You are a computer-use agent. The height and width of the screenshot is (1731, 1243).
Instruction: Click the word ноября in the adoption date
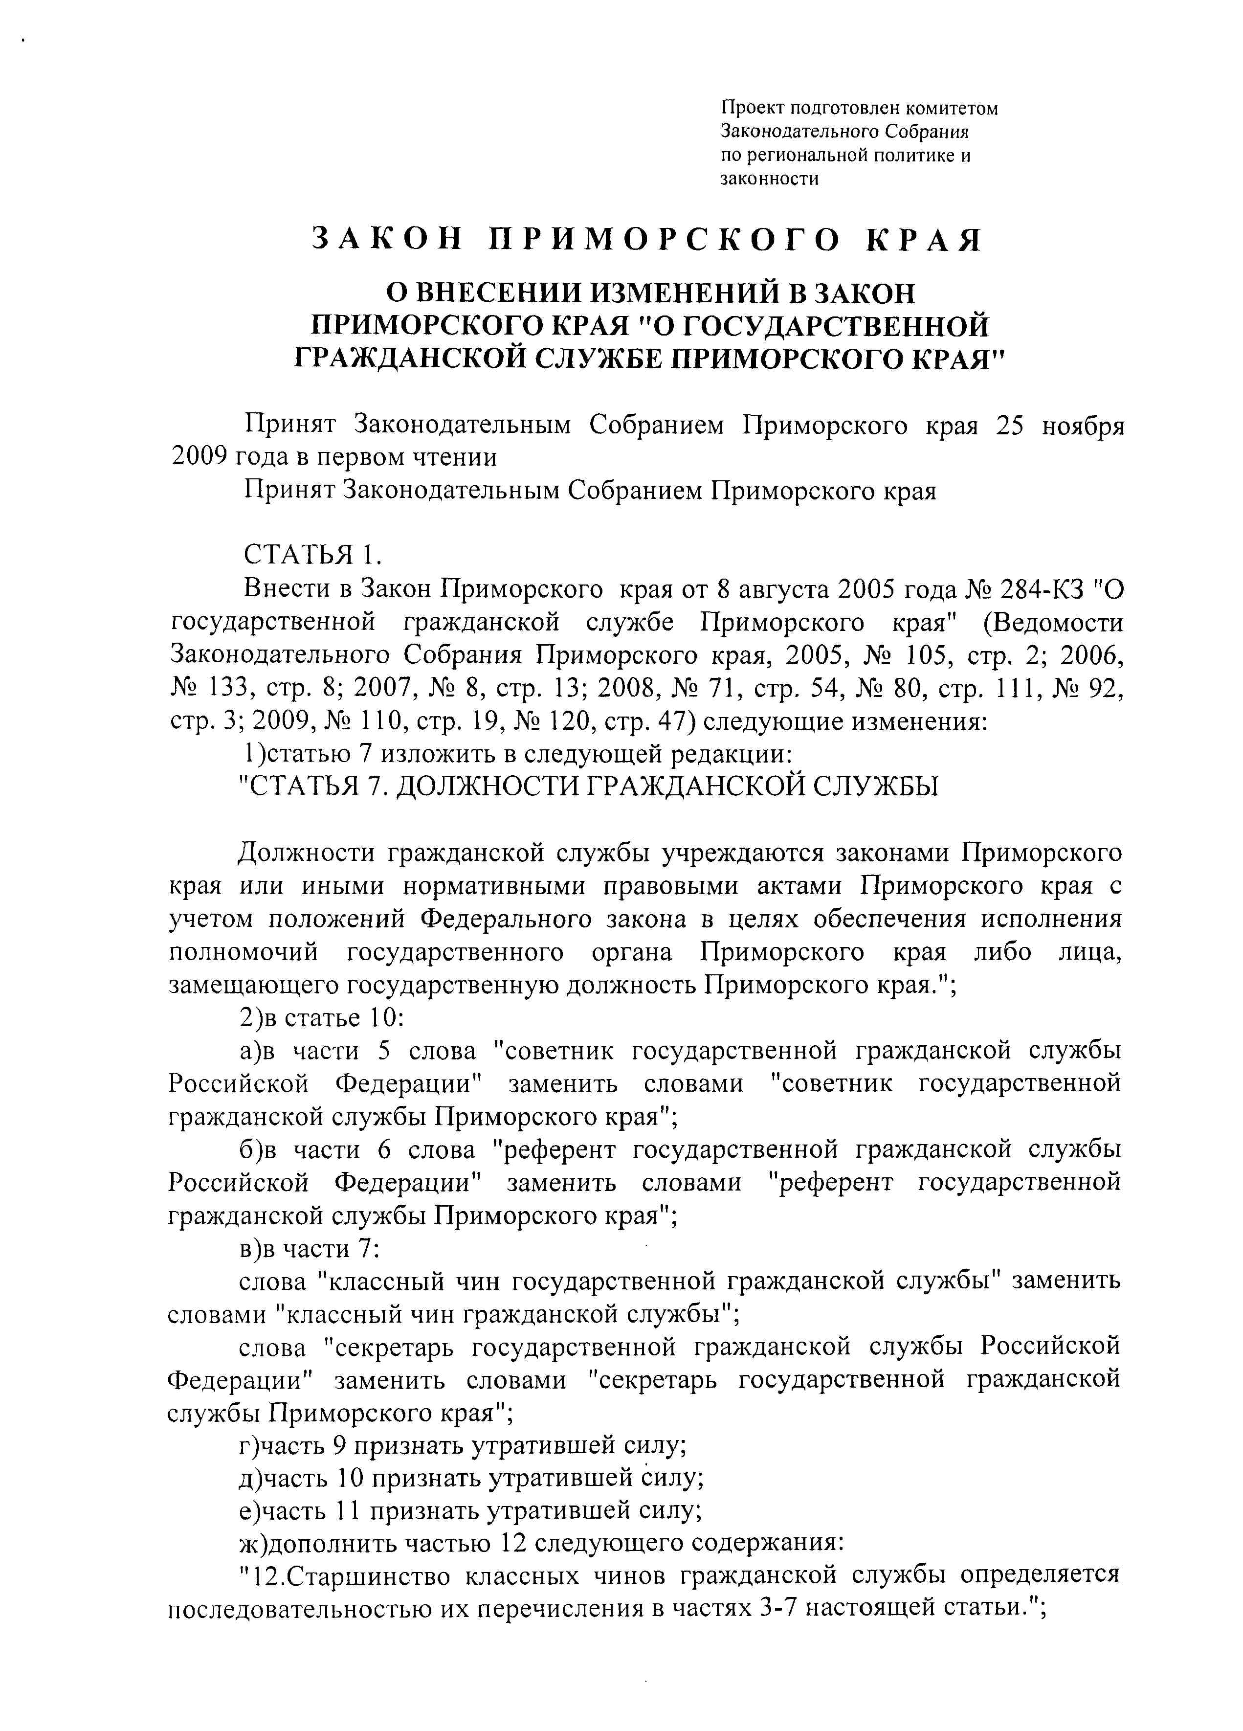1083,425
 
